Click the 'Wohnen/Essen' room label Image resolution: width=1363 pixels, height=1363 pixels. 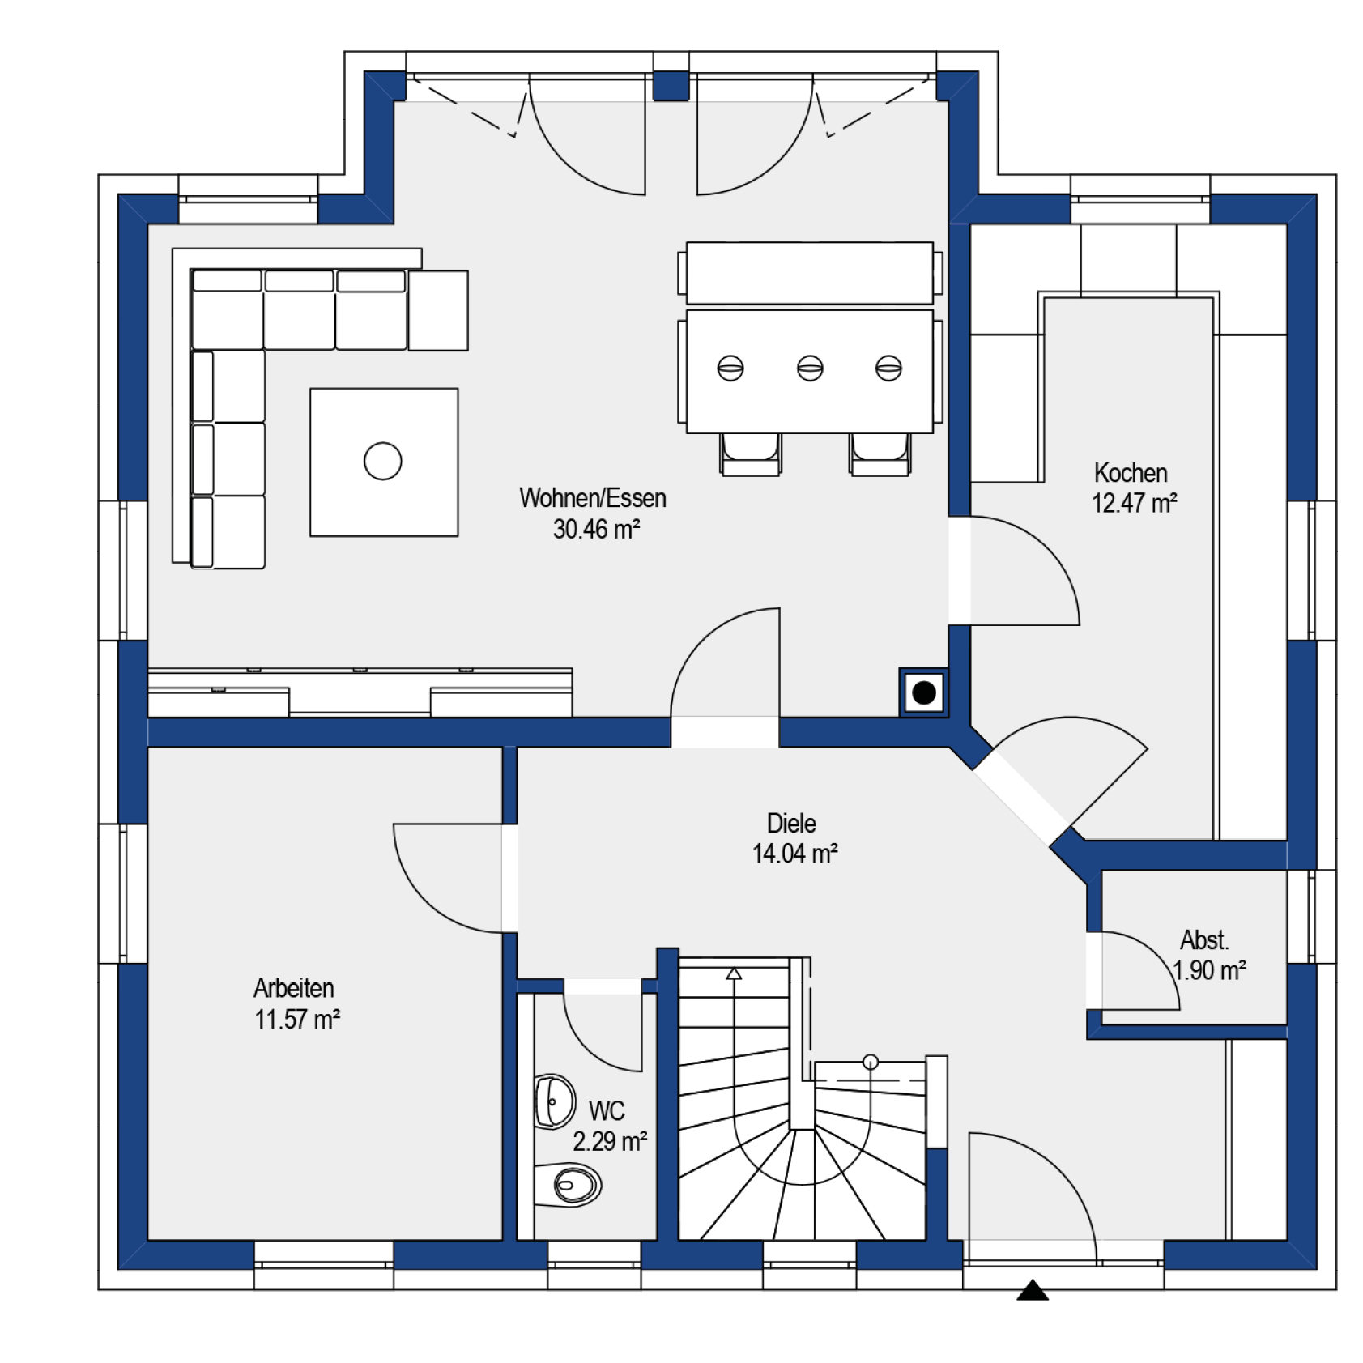593,498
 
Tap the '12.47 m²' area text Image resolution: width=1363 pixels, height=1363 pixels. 1134,503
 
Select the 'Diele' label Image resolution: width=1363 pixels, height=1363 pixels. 791,823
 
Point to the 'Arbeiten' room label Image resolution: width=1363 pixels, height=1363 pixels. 294,988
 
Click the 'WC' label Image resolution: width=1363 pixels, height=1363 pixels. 607,1110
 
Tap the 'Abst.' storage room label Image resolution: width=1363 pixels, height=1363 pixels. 1204,940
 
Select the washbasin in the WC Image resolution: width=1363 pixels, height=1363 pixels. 555,1101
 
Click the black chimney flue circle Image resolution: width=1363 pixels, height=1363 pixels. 924,692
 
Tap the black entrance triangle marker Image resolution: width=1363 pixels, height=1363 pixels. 1033,1290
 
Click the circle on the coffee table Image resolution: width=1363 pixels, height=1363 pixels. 383,462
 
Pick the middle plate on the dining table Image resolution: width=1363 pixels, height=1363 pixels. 810,368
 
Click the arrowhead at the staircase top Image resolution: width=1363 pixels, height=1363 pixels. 734,973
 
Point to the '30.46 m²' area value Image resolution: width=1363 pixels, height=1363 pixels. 597,529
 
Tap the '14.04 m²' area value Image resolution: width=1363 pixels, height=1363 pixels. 794,854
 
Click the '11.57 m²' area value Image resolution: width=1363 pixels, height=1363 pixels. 297,1019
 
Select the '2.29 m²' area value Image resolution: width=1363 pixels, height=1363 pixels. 610,1141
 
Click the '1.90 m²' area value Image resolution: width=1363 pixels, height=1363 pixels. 1209,970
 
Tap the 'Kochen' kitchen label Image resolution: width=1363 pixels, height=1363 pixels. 1131,473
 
